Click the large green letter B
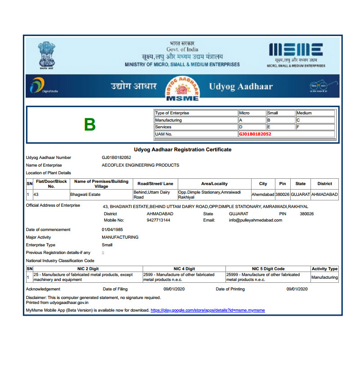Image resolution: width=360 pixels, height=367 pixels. (x=90, y=125)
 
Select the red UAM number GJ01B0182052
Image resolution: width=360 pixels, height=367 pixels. (x=255, y=134)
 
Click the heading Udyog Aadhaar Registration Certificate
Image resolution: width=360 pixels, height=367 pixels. (x=183, y=150)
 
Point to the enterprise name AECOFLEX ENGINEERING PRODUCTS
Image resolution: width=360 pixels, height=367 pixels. (x=140, y=165)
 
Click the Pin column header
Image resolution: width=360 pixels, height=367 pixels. (x=283, y=184)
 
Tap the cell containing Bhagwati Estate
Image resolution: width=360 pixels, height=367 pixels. (x=85, y=195)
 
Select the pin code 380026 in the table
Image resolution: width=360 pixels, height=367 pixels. (x=283, y=195)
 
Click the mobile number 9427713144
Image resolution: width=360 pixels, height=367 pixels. (x=158, y=220)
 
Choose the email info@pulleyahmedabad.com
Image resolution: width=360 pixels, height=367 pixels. (x=255, y=220)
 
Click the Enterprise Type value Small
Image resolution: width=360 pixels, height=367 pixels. (x=107, y=245)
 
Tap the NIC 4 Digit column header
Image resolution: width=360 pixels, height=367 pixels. (x=184, y=269)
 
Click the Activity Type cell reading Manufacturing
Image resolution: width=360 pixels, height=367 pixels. (x=324, y=277)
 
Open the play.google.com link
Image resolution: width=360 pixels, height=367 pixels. (x=207, y=310)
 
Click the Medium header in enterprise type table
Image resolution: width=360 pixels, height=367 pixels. (x=304, y=113)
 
